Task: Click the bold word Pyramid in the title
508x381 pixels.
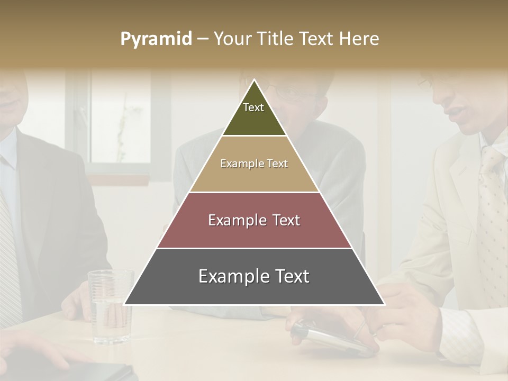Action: [x=156, y=39]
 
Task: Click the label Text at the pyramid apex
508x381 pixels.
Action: [x=253, y=107]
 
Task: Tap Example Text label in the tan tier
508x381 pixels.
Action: [x=254, y=164]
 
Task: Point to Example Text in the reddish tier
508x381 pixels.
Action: [x=254, y=220]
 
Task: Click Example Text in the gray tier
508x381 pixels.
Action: [x=254, y=276]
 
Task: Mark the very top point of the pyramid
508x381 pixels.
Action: [x=255, y=80]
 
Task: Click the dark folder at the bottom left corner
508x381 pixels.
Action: [x=95, y=373]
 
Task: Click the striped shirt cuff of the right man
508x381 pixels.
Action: [x=460, y=333]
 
